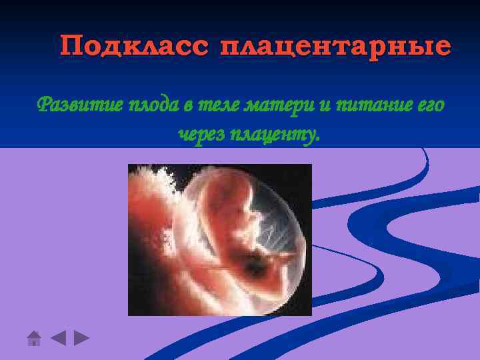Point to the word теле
click(x=218, y=105)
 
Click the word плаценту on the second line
click(x=275, y=135)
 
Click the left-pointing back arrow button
click(x=58, y=337)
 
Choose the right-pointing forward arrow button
click(x=81, y=337)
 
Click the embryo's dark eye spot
click(x=248, y=223)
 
